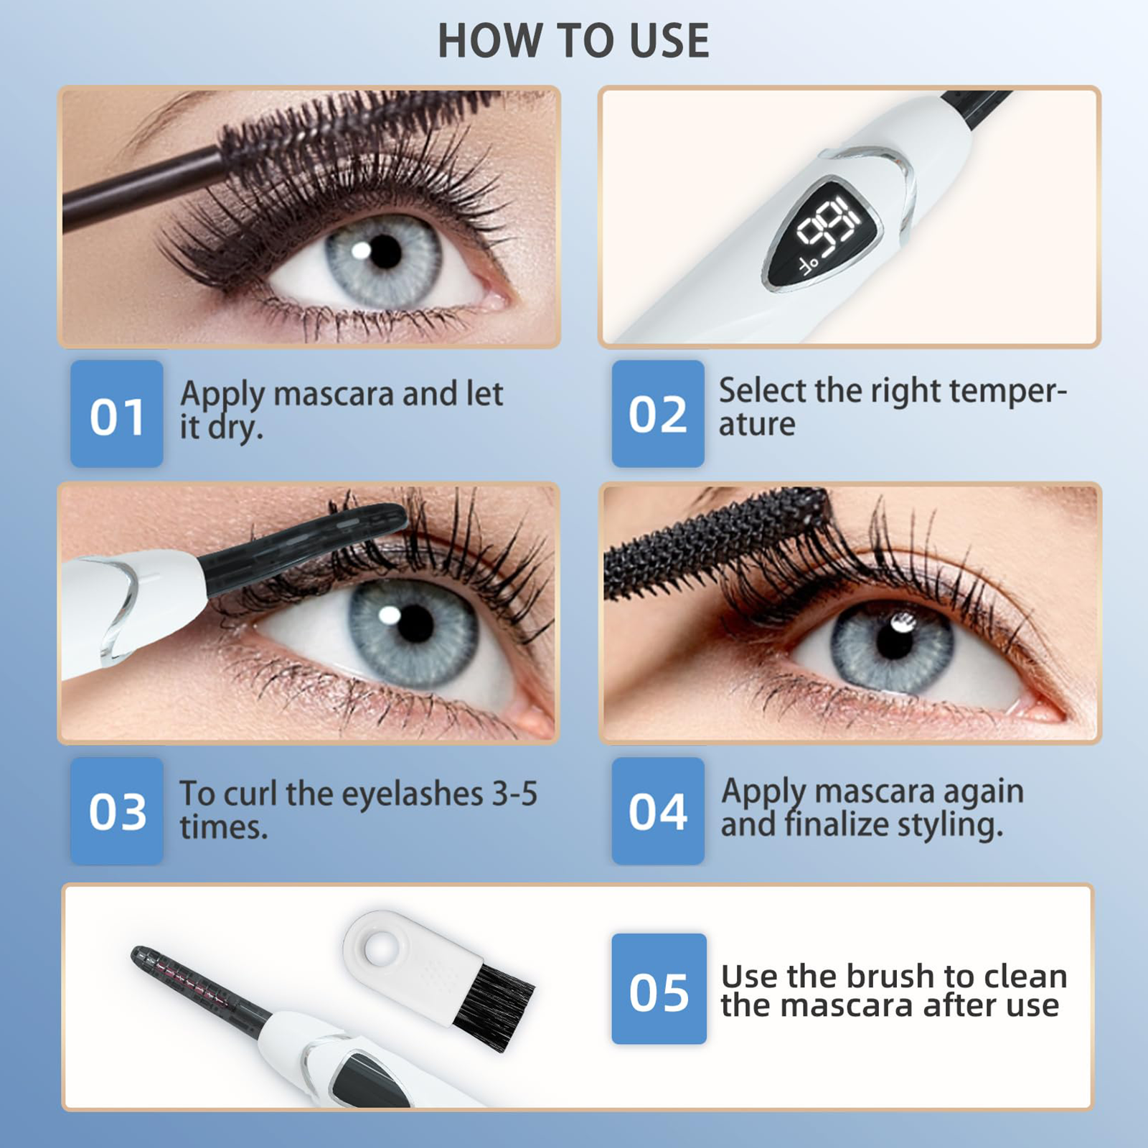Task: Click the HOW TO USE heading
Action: [573, 40]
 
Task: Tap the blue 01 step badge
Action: [117, 414]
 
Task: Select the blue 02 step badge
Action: [658, 414]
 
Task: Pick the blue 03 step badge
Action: [117, 811]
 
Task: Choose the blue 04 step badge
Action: [658, 811]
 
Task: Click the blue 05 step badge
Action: [659, 989]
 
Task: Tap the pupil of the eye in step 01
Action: [385, 252]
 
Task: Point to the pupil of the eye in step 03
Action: [415, 624]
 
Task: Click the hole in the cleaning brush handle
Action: [380, 949]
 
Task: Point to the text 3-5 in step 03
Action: [514, 794]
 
